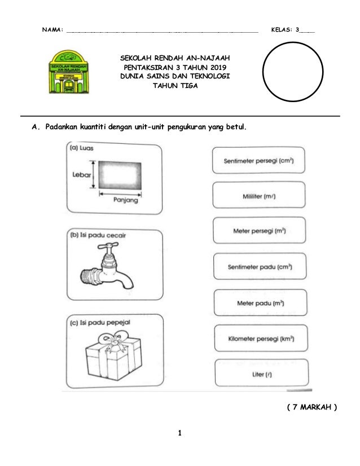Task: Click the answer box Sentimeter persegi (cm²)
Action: [x=260, y=160]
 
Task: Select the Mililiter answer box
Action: [x=260, y=196]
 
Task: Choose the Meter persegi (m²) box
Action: [x=260, y=231]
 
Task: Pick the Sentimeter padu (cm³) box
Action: [x=260, y=267]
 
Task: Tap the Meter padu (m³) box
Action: [x=260, y=303]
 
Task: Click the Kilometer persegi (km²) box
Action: [x=260, y=338]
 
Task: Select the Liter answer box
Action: [x=260, y=373]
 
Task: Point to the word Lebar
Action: [x=81, y=175]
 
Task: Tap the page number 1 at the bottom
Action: [x=179, y=433]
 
